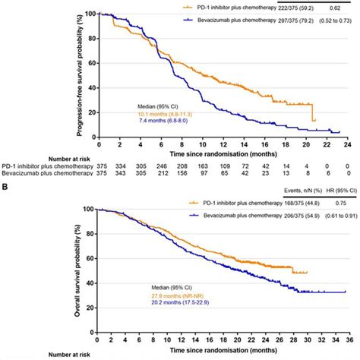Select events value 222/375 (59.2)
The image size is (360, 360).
pyautogui.click(x=274, y=5)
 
